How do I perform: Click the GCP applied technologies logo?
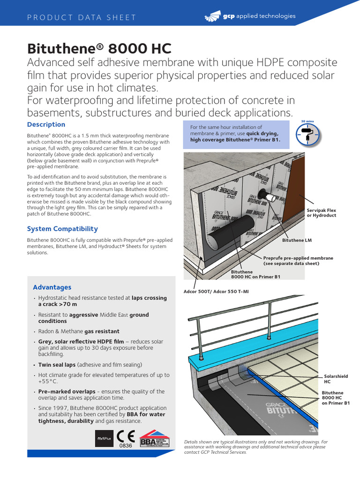click(250, 16)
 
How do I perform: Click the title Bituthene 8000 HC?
click(99, 48)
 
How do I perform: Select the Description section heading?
click(46, 125)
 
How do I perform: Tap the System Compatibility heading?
click(62, 229)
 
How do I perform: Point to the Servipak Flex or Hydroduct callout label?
click(321, 213)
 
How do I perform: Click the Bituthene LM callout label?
click(297, 240)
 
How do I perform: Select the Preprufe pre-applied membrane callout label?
click(298, 261)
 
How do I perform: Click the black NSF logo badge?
click(103, 439)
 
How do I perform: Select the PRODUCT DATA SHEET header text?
click(82, 18)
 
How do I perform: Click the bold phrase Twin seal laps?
click(57, 365)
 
